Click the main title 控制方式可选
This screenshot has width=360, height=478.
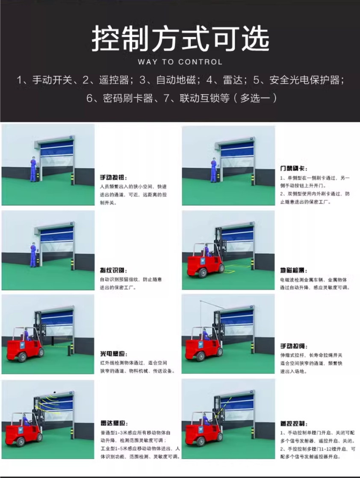[x=180, y=38]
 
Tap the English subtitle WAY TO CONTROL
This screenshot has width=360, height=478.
[x=180, y=62]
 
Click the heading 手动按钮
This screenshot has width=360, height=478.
[x=113, y=177]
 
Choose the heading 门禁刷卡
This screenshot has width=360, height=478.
[x=293, y=169]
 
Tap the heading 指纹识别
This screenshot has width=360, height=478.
[x=113, y=270]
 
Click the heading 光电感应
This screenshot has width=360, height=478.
[x=113, y=354]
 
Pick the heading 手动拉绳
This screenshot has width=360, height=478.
[x=293, y=346]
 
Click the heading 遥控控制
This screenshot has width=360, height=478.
[x=293, y=423]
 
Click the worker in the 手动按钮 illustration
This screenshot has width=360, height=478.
[x=32, y=168]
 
